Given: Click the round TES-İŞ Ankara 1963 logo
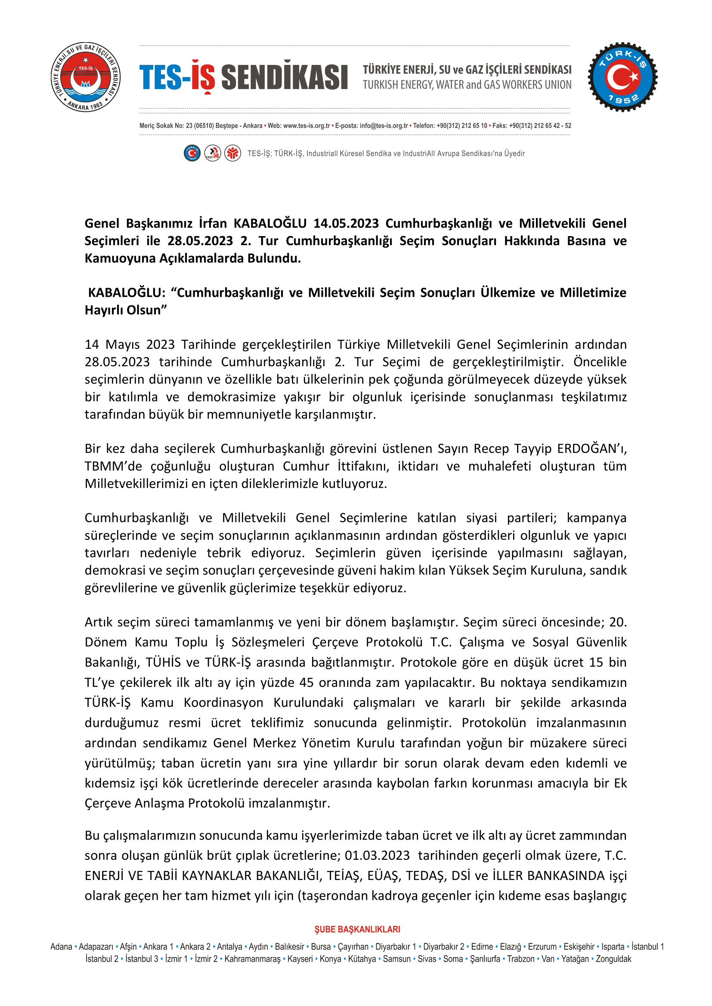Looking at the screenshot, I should (x=86, y=77).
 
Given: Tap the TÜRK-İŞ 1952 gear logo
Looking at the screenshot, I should (x=622, y=77).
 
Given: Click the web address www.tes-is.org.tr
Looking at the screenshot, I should (x=306, y=126).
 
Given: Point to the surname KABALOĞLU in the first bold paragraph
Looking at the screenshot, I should (x=269, y=224).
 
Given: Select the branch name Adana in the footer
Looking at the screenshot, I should (x=61, y=946).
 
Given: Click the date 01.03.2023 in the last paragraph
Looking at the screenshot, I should (x=377, y=855).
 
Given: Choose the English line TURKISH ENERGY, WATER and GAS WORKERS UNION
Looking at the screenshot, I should (x=467, y=85).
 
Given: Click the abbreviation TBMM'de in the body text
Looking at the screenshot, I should (x=113, y=466).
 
